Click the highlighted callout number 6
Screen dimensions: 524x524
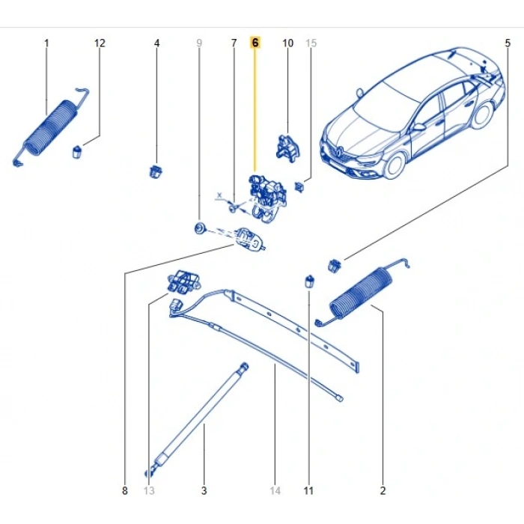[255, 43]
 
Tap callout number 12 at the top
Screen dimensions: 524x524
[100, 43]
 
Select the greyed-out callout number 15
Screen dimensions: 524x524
[311, 43]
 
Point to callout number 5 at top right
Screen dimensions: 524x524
[507, 43]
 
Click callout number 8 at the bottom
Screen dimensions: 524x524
[125, 491]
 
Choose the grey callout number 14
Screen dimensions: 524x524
[275, 491]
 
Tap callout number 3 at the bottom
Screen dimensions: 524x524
[204, 491]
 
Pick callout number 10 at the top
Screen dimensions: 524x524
[288, 43]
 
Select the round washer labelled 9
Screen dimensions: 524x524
[200, 226]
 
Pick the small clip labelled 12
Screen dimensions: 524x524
[77, 152]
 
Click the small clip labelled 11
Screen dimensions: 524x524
[308, 281]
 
